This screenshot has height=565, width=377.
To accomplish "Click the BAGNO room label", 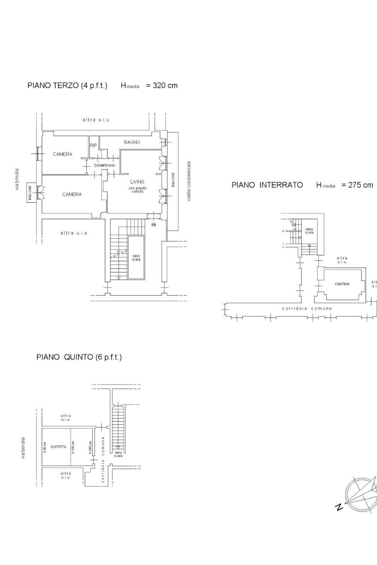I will (x=132, y=142).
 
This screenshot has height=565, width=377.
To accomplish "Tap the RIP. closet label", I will (x=94, y=146).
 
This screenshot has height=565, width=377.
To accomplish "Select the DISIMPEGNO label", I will (x=105, y=166).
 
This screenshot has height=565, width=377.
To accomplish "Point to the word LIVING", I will (x=137, y=182).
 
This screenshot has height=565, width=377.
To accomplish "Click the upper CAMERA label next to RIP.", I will (x=63, y=154).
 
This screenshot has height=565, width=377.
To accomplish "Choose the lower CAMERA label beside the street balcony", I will (x=72, y=194).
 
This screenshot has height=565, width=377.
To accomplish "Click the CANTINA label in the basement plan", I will (x=342, y=284).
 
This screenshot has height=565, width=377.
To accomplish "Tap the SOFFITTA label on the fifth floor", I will (x=59, y=447).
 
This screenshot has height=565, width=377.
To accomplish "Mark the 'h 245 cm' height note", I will (x=90, y=447).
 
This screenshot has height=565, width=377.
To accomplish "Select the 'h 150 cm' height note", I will (x=73, y=447).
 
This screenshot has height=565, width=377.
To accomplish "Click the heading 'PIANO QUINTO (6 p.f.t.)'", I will (x=79, y=357).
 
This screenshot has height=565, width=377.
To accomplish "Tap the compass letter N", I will (x=339, y=507).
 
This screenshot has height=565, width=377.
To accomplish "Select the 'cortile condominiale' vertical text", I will (x=189, y=181).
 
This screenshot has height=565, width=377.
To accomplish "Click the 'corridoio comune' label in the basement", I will (x=307, y=308).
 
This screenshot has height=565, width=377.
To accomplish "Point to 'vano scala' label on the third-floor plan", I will (x=136, y=257).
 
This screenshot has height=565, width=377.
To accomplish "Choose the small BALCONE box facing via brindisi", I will (x=30, y=192).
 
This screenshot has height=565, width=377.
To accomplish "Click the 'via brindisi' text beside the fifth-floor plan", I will (x=23, y=448).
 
